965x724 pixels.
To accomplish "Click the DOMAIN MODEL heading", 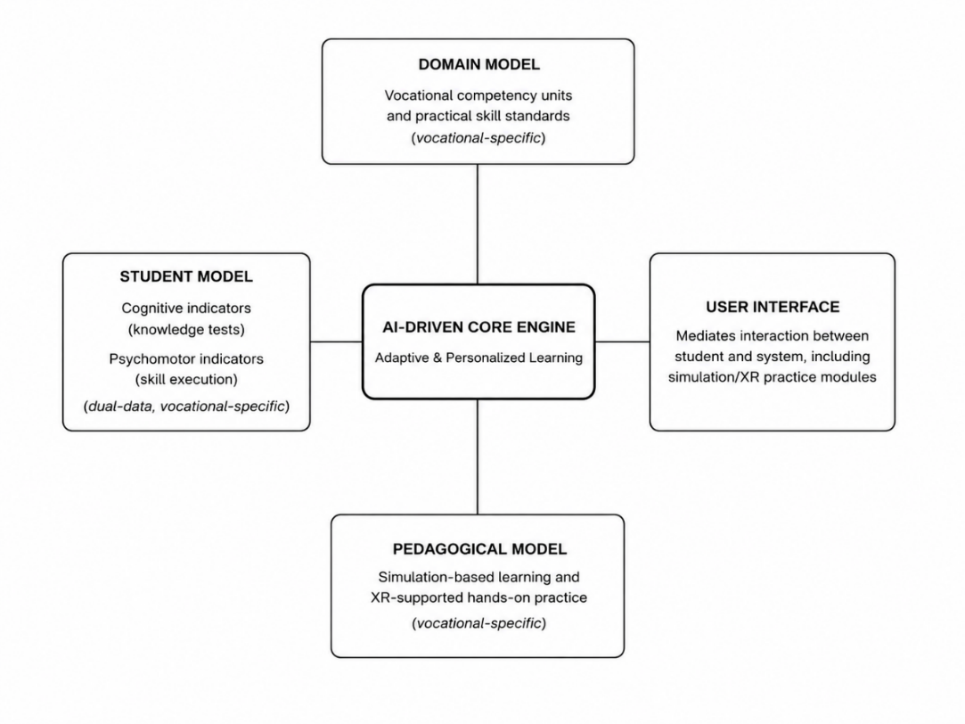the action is click(478, 64).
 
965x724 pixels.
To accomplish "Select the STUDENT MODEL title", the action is click(186, 277).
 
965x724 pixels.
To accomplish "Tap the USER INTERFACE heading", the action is click(773, 308).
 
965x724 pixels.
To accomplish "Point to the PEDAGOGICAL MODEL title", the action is click(479, 549).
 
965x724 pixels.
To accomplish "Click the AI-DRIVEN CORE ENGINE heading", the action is click(478, 327).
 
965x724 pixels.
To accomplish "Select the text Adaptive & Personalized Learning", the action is click(478, 358).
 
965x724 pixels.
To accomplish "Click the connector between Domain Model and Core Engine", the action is click(478, 224).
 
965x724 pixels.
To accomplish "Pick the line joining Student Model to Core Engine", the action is click(336, 341).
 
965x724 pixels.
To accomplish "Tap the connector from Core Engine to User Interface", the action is click(622, 341).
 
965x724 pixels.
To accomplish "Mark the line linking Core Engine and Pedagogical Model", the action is click(478, 457).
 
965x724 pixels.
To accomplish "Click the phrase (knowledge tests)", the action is click(186, 329).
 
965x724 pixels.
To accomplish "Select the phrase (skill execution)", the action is click(186, 379).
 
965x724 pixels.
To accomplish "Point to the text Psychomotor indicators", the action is click(186, 359).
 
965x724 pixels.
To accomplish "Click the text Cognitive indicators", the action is click(186, 308).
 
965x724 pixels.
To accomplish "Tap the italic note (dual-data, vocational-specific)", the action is click(186, 407).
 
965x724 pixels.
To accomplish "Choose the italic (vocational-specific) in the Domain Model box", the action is click(478, 138).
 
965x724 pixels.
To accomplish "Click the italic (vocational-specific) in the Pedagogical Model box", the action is click(478, 623).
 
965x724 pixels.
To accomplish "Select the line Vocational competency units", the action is click(478, 95).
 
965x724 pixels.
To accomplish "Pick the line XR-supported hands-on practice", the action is click(478, 597).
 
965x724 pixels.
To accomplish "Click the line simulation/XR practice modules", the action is click(773, 377).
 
